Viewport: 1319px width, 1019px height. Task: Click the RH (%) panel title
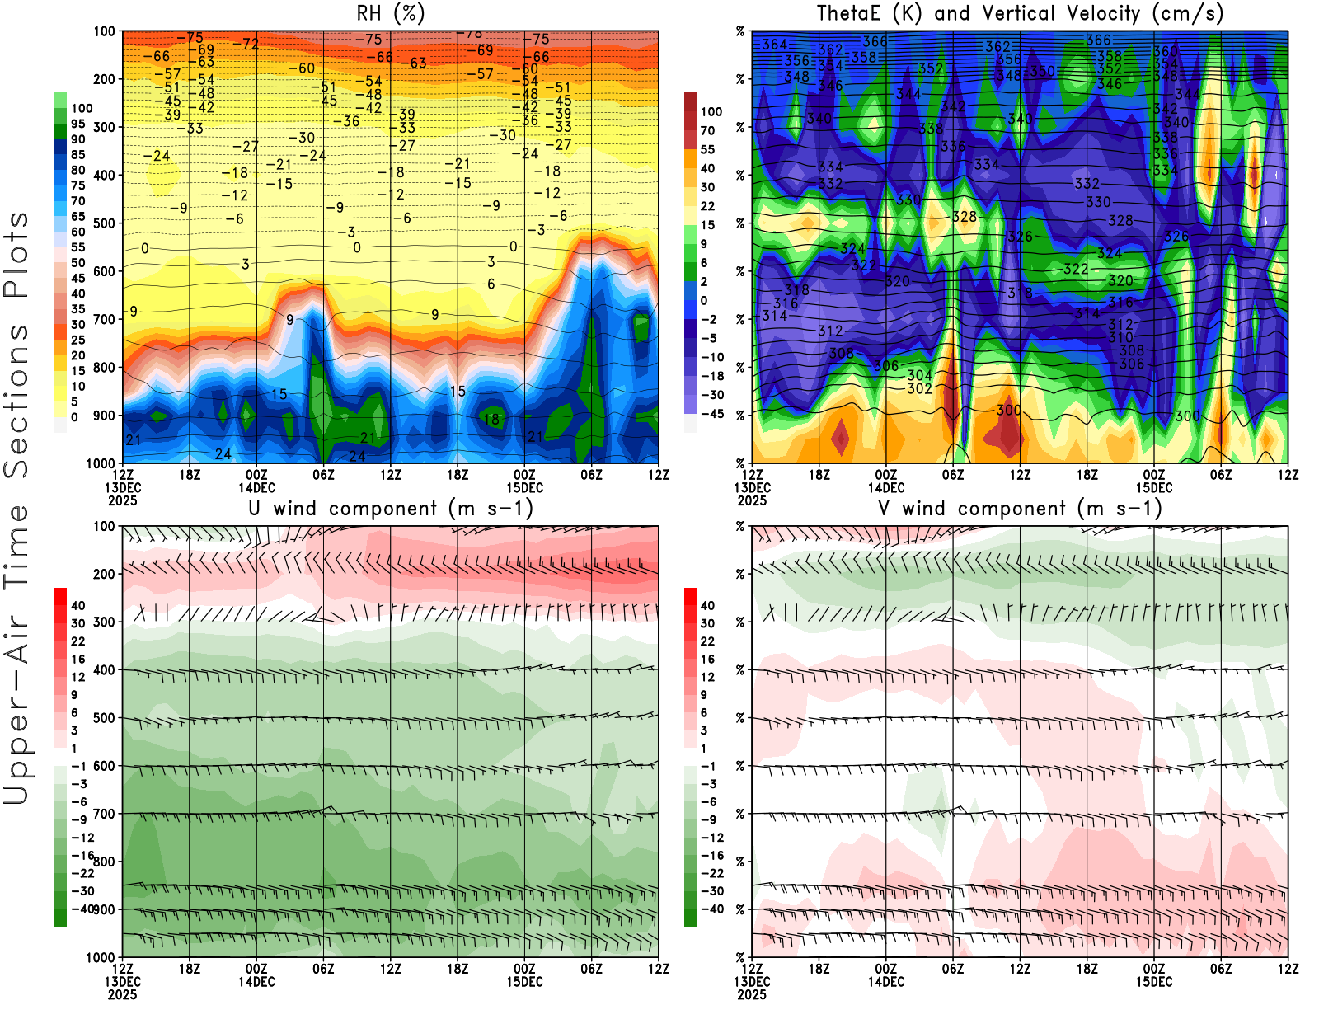pos(390,14)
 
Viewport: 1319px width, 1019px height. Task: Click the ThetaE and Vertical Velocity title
pos(1020,14)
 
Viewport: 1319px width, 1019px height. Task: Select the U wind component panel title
pos(390,509)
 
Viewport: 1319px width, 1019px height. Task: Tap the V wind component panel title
pos(1020,509)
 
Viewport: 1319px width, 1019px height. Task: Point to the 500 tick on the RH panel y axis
pos(105,223)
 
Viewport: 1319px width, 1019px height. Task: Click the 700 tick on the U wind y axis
pos(105,815)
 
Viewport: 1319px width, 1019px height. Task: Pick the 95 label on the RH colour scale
pos(77,124)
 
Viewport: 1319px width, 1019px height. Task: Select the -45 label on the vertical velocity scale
pos(711,414)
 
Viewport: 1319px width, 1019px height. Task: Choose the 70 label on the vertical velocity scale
pos(707,130)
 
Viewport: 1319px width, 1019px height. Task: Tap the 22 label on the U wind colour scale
pos(77,641)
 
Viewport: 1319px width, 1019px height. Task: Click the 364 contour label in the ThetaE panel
pos(775,45)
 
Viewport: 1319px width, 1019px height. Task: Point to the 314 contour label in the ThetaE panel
pos(775,316)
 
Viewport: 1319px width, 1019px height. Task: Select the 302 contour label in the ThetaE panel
pos(919,389)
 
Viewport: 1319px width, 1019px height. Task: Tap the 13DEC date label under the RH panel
pos(122,487)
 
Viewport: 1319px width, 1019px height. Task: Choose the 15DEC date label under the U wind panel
pos(524,982)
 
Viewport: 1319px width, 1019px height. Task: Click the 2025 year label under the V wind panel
pos(752,994)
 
